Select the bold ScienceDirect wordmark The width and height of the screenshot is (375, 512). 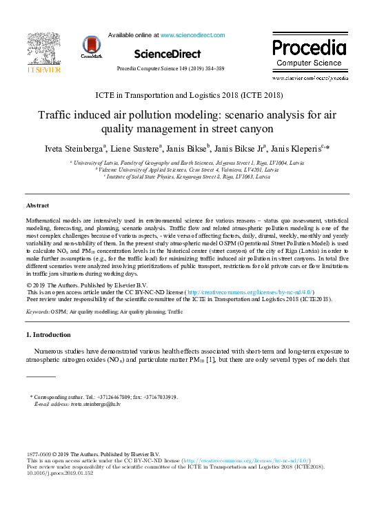click(168, 54)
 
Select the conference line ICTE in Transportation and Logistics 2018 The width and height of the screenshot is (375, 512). click(187, 94)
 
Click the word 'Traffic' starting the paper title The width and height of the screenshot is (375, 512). click(57, 115)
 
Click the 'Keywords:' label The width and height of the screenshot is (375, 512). click(38, 311)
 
